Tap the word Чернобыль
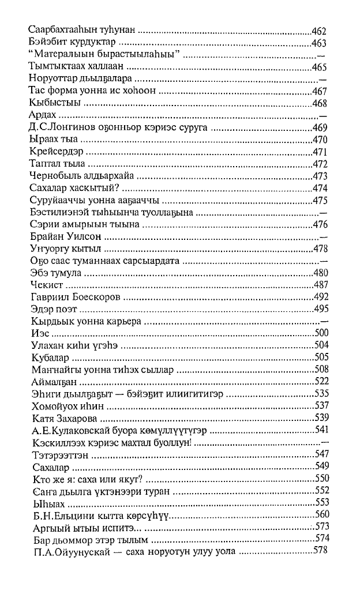(52, 176)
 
